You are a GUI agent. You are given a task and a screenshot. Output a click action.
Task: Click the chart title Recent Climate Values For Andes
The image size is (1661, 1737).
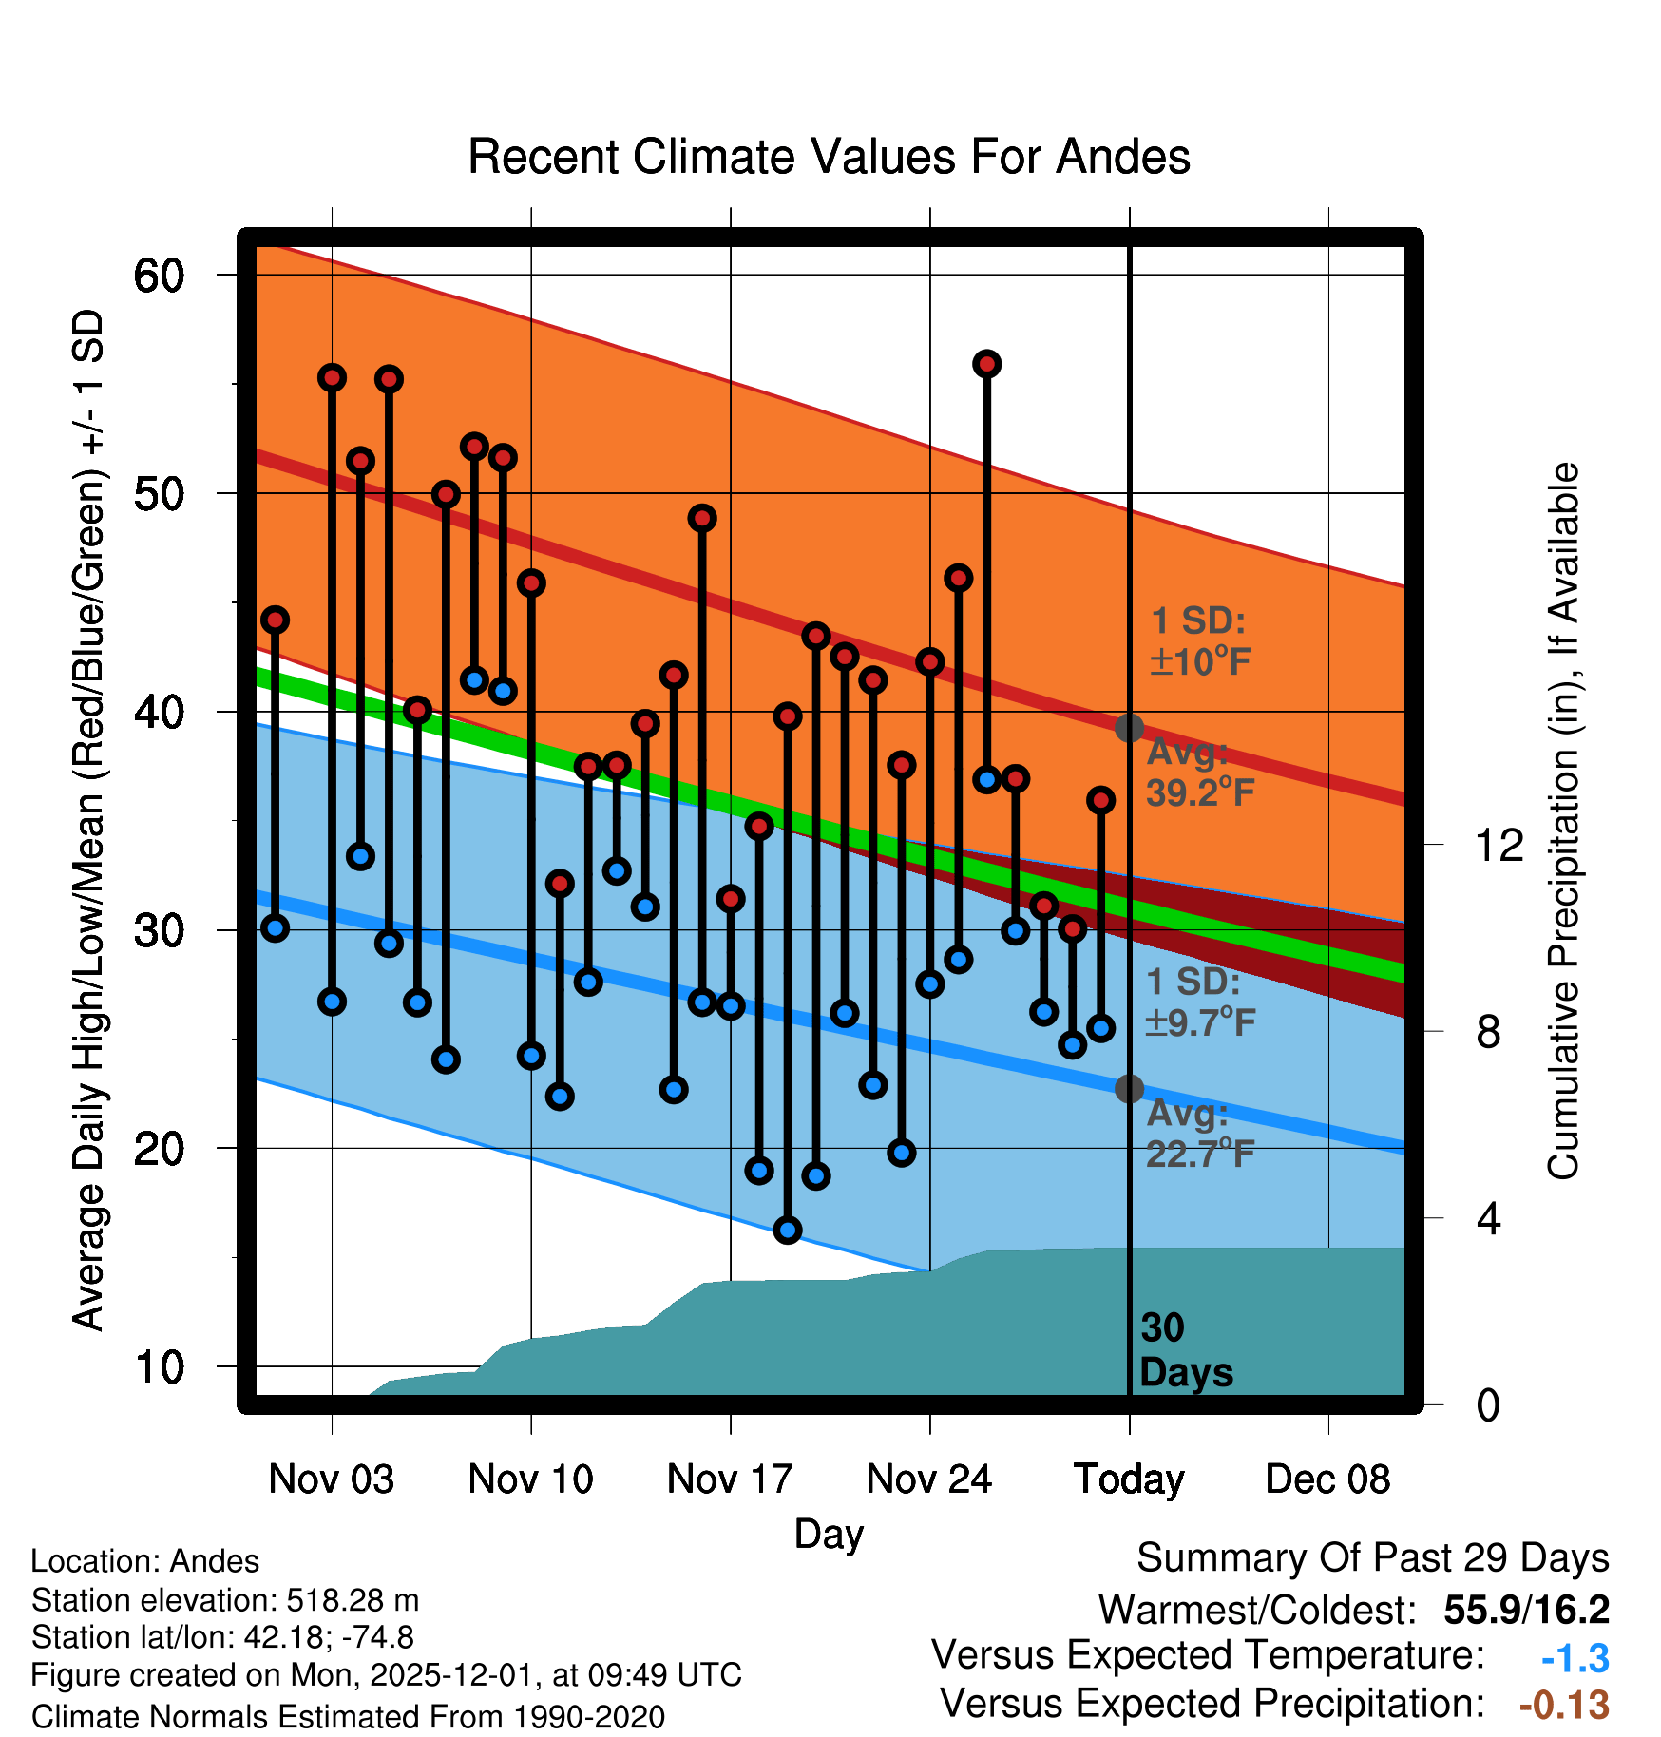(x=829, y=157)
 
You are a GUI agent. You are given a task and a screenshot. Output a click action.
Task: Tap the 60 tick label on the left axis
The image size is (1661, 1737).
(x=159, y=276)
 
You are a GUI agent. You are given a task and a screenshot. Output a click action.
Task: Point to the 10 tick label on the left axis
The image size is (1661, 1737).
(x=159, y=1367)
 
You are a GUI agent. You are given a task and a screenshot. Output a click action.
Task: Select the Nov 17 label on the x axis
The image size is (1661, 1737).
(x=730, y=1479)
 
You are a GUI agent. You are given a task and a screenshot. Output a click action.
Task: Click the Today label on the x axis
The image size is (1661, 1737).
(x=1129, y=1479)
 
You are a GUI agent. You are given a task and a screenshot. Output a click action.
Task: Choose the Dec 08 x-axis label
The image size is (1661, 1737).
(x=1327, y=1479)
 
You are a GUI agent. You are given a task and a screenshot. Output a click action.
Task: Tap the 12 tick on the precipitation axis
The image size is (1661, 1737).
(x=1499, y=845)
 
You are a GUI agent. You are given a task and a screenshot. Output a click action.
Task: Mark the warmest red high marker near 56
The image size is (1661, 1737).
(x=986, y=364)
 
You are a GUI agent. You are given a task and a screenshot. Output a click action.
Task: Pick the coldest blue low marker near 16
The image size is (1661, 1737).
(x=787, y=1231)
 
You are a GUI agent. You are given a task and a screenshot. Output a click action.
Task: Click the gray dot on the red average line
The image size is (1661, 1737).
(x=1129, y=728)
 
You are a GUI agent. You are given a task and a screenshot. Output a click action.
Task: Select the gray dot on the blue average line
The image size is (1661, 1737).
(x=1129, y=1089)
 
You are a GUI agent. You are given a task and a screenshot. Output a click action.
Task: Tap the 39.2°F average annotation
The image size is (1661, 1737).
(x=1200, y=792)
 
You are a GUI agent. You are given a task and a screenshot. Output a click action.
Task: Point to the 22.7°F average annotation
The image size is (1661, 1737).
(x=1200, y=1154)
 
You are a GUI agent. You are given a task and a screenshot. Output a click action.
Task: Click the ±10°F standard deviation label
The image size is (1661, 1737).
(x=1200, y=661)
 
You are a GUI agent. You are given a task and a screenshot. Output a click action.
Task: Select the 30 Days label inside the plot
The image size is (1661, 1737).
(x=1185, y=1350)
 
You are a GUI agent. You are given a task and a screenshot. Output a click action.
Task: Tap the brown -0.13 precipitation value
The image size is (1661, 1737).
(x=1564, y=1705)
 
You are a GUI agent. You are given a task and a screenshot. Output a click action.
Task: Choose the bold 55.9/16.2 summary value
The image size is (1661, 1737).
(x=1526, y=1610)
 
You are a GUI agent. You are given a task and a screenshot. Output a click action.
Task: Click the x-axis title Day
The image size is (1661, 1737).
(x=829, y=1534)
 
